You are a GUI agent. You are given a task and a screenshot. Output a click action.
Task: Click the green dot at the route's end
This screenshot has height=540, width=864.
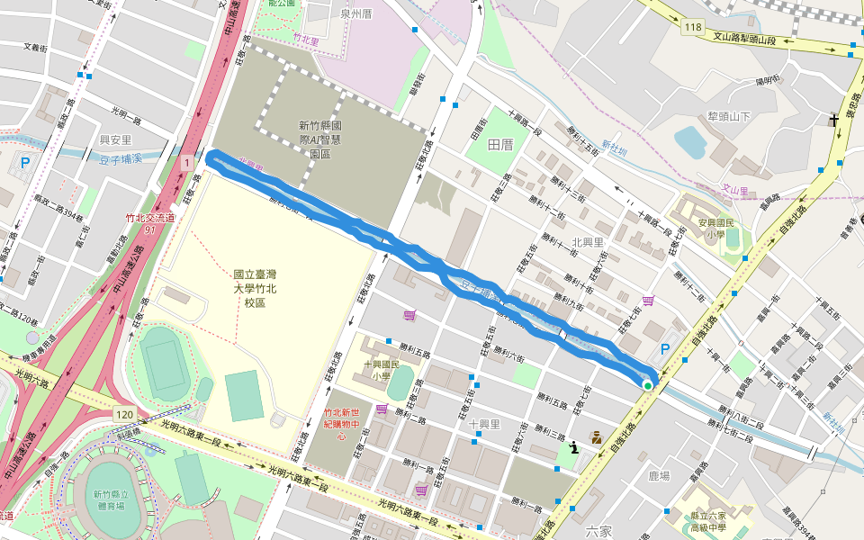(x=647, y=385)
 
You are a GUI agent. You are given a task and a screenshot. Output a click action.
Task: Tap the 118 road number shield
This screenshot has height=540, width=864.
(x=692, y=28)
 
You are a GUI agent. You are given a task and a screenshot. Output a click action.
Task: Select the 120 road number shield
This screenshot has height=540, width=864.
(x=124, y=413)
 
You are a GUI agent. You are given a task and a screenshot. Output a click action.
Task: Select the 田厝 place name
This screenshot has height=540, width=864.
(x=499, y=144)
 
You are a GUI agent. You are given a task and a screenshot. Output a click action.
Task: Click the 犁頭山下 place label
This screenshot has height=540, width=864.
(x=729, y=116)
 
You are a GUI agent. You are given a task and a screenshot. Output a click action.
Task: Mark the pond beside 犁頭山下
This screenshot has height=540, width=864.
(x=690, y=142)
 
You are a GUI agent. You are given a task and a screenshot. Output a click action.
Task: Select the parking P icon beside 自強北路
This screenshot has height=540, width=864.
(x=666, y=349)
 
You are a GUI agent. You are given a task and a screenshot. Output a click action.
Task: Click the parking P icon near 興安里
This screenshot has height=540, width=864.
(x=25, y=164)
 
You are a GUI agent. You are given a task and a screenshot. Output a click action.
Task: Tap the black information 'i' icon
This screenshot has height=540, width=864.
(x=573, y=446)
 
